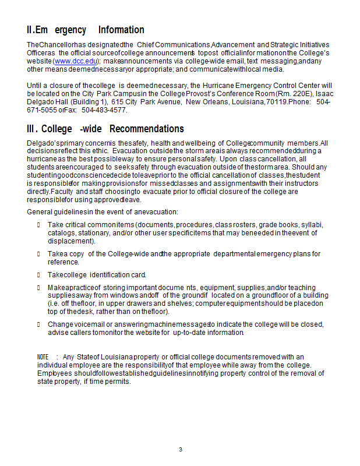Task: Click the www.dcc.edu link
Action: pos(75,61)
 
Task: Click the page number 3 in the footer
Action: pos(181,449)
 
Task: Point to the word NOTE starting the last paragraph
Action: pos(43,356)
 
